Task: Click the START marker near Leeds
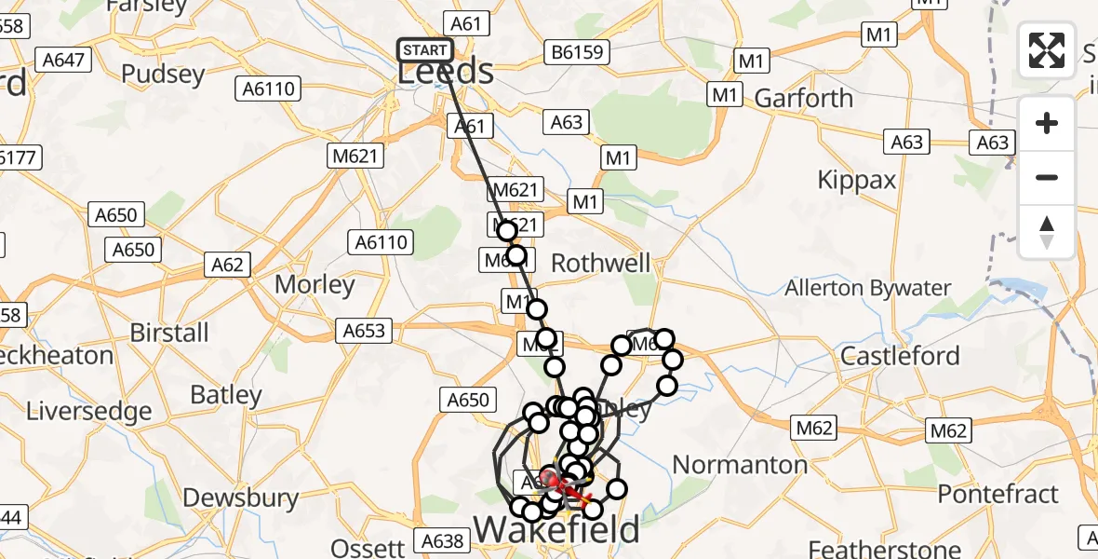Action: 425,50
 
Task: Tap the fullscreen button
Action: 1047,50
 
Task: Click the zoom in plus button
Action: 1047,123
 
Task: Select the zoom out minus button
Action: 1047,177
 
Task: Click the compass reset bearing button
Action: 1047,231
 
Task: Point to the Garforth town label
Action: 803,98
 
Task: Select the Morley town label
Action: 315,284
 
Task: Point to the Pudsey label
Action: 164,75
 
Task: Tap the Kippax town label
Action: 856,180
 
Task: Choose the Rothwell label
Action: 601,264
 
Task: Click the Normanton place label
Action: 740,464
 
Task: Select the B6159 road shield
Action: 577,51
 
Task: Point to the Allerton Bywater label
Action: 867,288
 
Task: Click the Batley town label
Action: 227,395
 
